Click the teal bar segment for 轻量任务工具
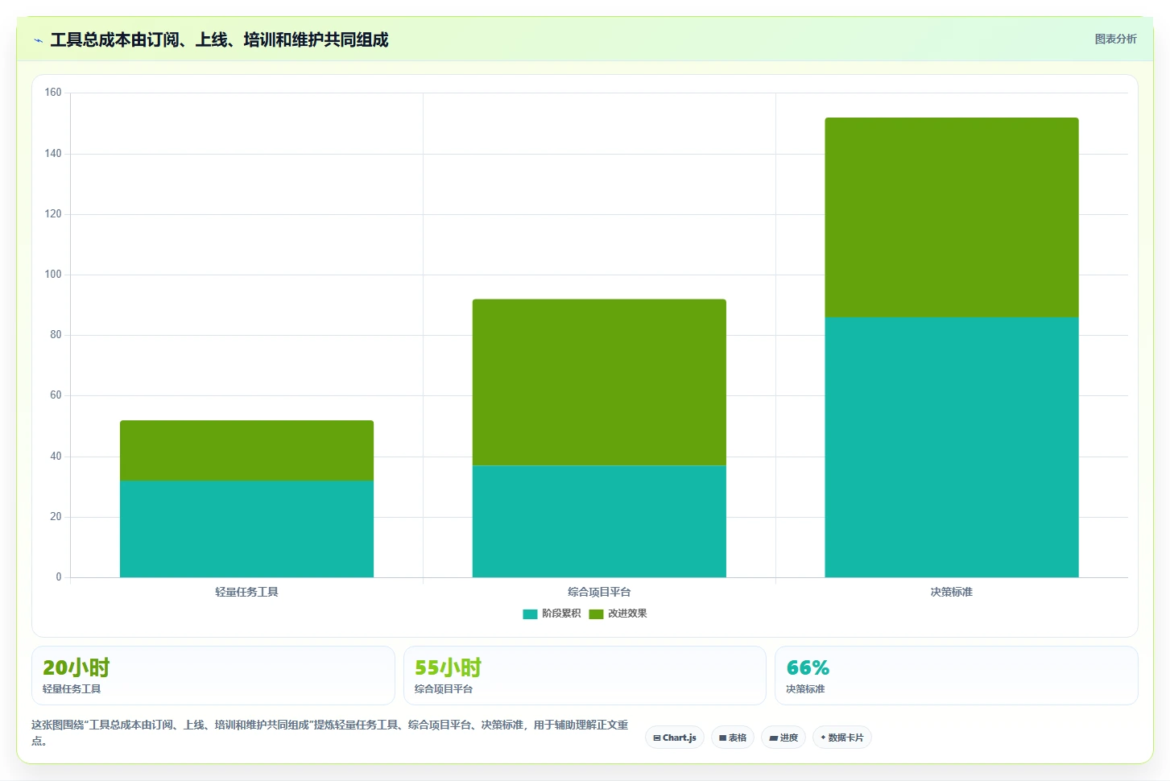(246, 529)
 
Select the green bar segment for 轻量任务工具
(246, 450)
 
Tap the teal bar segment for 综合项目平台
(599, 522)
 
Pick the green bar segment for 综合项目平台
(599, 382)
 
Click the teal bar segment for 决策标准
(952, 447)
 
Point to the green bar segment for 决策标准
(952, 217)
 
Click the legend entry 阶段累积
(552, 614)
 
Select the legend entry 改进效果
(618, 614)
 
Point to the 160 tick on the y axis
(53, 93)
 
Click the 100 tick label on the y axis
(53, 275)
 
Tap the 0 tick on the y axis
(59, 576)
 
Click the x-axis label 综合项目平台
(599, 592)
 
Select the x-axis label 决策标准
(952, 592)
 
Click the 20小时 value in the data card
(76, 667)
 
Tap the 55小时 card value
(449, 667)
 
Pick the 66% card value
(808, 667)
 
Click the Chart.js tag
(675, 738)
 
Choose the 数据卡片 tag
(842, 738)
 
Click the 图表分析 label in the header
(1116, 39)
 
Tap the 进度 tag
(783, 738)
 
